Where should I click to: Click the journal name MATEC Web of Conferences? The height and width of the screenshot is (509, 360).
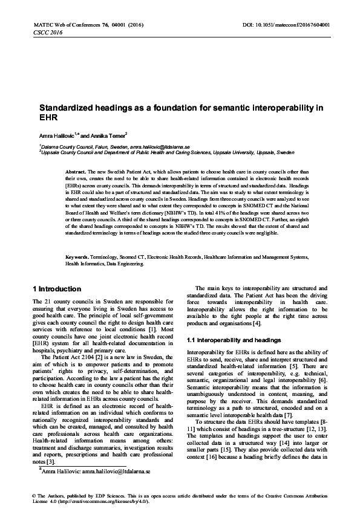[57, 25]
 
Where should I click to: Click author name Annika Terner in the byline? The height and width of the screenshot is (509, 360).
[108, 136]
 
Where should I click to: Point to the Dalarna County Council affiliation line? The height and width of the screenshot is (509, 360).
[115, 147]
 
